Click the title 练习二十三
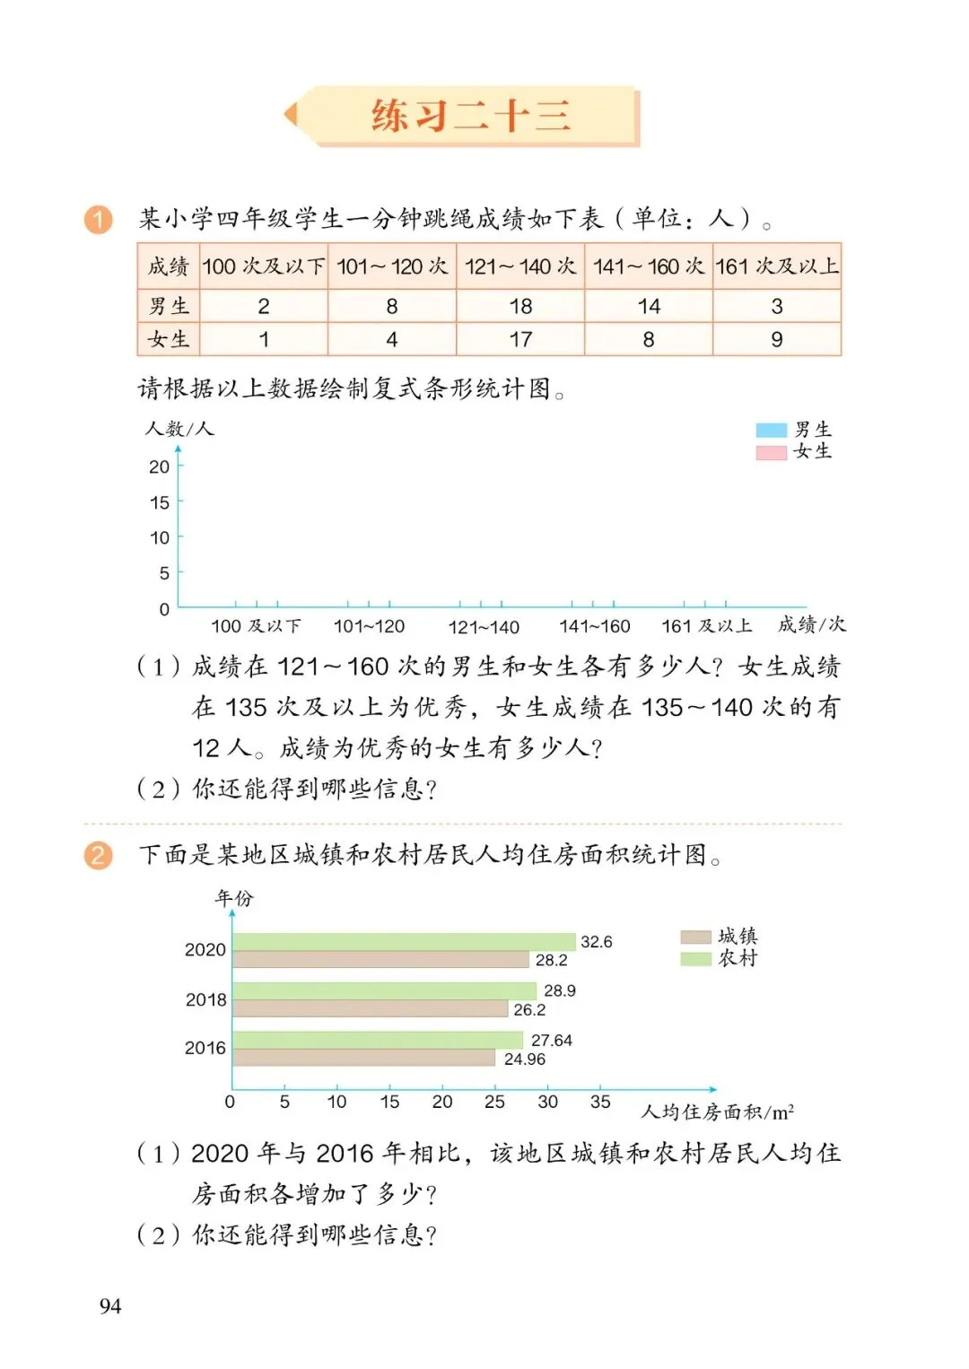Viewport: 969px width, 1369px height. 470,117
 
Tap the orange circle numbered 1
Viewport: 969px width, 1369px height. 99,220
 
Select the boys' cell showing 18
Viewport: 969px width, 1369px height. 520,307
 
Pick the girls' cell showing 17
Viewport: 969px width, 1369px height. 520,340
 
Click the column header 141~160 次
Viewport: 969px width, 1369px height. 649,266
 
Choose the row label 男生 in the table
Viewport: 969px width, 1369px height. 169,307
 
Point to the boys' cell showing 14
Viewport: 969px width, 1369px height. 649,307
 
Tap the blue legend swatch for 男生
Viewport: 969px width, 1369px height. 771,431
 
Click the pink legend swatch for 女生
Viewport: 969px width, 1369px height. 771,452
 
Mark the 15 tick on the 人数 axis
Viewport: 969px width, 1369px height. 160,502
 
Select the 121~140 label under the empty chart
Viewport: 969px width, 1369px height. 484,627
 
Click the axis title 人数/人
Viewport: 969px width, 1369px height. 179,429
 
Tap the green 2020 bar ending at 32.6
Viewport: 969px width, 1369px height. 404,941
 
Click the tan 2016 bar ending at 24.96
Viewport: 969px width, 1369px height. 363,1058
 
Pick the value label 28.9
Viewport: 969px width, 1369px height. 559,990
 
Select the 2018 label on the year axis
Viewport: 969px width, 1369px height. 205,999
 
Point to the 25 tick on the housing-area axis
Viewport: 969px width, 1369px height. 494,1102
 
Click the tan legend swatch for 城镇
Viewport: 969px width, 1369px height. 695,937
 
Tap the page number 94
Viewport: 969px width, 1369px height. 110,1306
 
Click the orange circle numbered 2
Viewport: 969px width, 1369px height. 99,855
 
